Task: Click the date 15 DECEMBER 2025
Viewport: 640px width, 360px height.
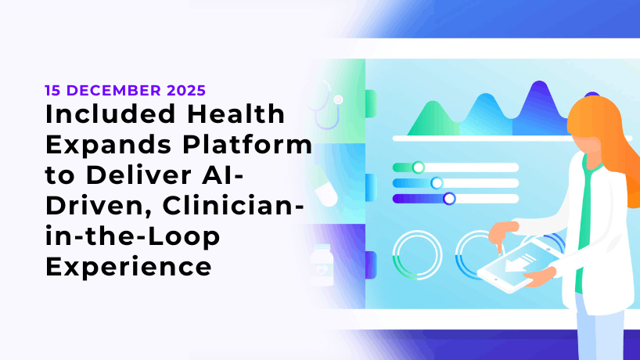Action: tap(125, 90)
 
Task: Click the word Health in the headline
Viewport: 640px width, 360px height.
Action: tap(236, 114)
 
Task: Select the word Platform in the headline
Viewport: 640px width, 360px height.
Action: tap(247, 146)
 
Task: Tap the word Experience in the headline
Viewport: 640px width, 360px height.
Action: tap(128, 267)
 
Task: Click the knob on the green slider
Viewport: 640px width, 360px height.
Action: tap(418, 167)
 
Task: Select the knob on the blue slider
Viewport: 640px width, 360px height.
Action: tap(437, 183)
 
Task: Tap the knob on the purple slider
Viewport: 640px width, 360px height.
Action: tap(449, 199)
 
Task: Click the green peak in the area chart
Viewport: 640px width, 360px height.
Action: tap(433, 119)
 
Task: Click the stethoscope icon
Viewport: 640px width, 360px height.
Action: tap(328, 105)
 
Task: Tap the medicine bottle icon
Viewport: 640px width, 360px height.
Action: tap(322, 265)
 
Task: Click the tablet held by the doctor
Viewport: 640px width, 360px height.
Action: tap(517, 265)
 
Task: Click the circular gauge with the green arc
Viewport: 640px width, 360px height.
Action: tap(417, 255)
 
